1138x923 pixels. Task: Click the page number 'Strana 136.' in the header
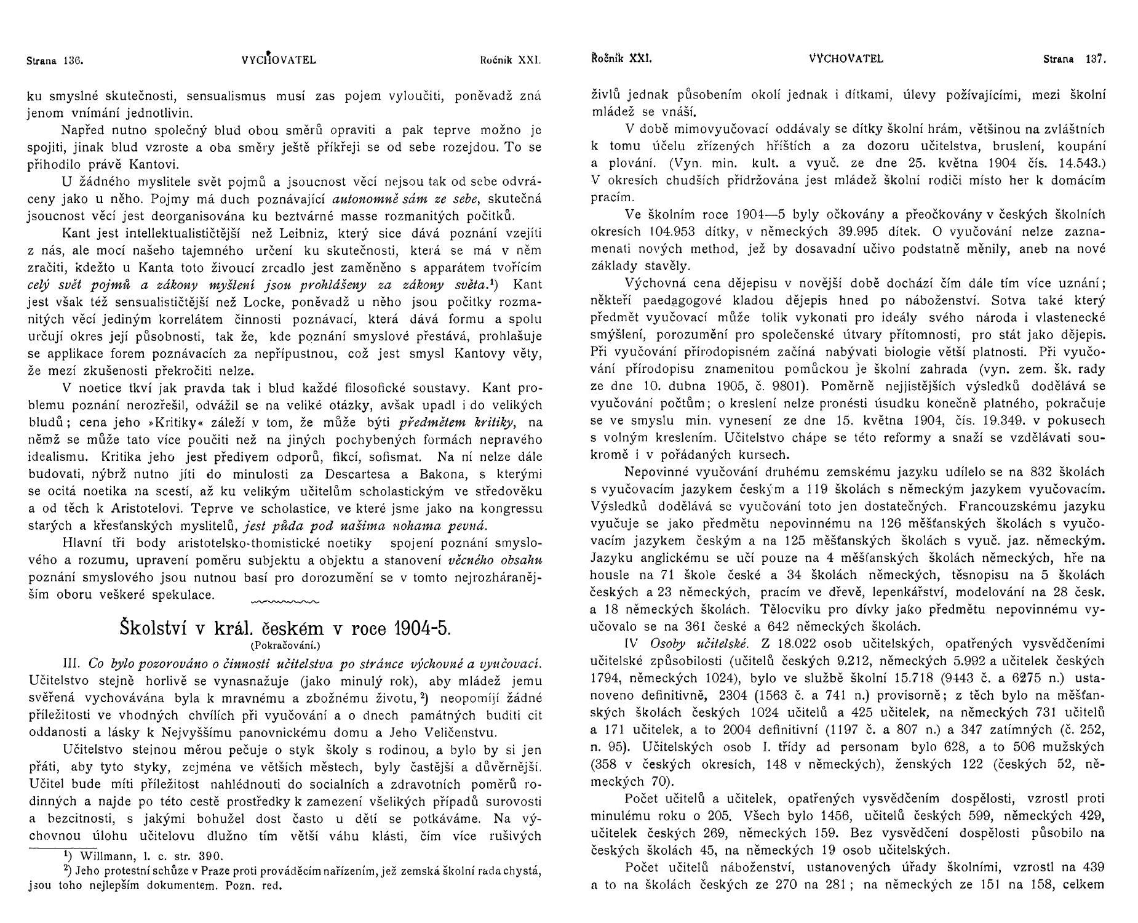(x=55, y=60)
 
